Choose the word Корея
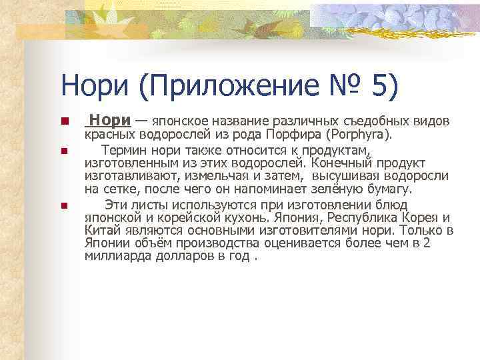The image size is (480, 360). [423, 217]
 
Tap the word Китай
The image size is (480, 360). [101, 230]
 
